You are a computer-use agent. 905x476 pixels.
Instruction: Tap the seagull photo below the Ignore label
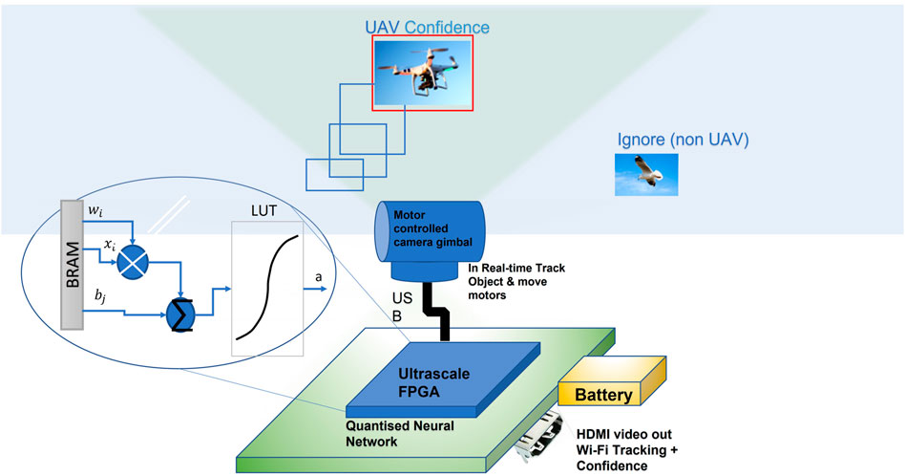(646, 176)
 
